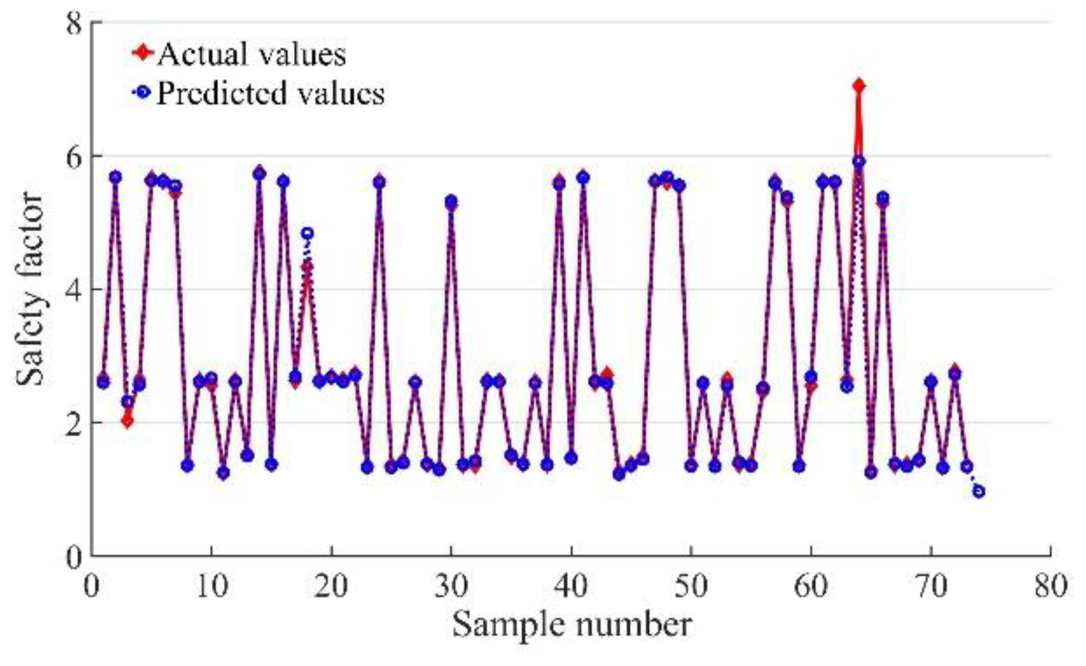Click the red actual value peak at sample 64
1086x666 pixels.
859,85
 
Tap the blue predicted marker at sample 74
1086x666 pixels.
979,491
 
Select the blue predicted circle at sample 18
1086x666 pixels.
307,234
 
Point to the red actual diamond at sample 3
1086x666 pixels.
127,421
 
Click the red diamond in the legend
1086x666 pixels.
142,53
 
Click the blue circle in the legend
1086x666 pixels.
142,92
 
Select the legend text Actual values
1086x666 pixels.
252,54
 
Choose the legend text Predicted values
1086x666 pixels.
270,94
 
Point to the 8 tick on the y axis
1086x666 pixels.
75,23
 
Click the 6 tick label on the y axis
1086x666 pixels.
75,156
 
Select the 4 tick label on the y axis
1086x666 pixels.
75,289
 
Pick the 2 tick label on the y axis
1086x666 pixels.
75,423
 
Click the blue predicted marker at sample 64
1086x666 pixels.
859,162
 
